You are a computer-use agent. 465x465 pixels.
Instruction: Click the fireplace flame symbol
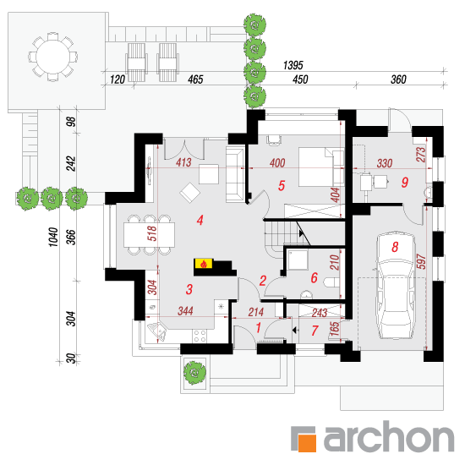tap(204, 264)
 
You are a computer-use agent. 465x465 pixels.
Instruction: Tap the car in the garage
tap(395, 286)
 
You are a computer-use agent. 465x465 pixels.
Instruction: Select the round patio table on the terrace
tap(52, 57)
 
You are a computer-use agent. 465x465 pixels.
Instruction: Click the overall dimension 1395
tap(293, 65)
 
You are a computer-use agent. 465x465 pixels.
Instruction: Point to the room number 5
tap(282, 186)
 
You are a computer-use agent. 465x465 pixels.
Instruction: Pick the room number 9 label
tap(404, 182)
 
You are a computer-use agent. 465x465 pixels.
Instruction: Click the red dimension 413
tap(183, 162)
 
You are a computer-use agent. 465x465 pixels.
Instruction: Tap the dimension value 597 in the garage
tap(420, 261)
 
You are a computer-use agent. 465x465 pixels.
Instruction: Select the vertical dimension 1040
tap(53, 237)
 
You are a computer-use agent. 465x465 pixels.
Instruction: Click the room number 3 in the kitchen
tap(189, 289)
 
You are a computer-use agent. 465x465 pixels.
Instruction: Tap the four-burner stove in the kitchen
tap(200, 336)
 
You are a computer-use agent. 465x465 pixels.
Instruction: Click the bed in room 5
tap(321, 167)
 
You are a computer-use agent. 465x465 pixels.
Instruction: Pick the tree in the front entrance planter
tap(194, 373)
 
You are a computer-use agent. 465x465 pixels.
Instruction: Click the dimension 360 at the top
tap(398, 79)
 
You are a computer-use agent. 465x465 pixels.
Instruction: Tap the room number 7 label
tap(315, 331)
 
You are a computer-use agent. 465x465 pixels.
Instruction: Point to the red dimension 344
tap(185, 311)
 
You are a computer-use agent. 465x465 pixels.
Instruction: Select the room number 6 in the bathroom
tap(314, 278)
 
